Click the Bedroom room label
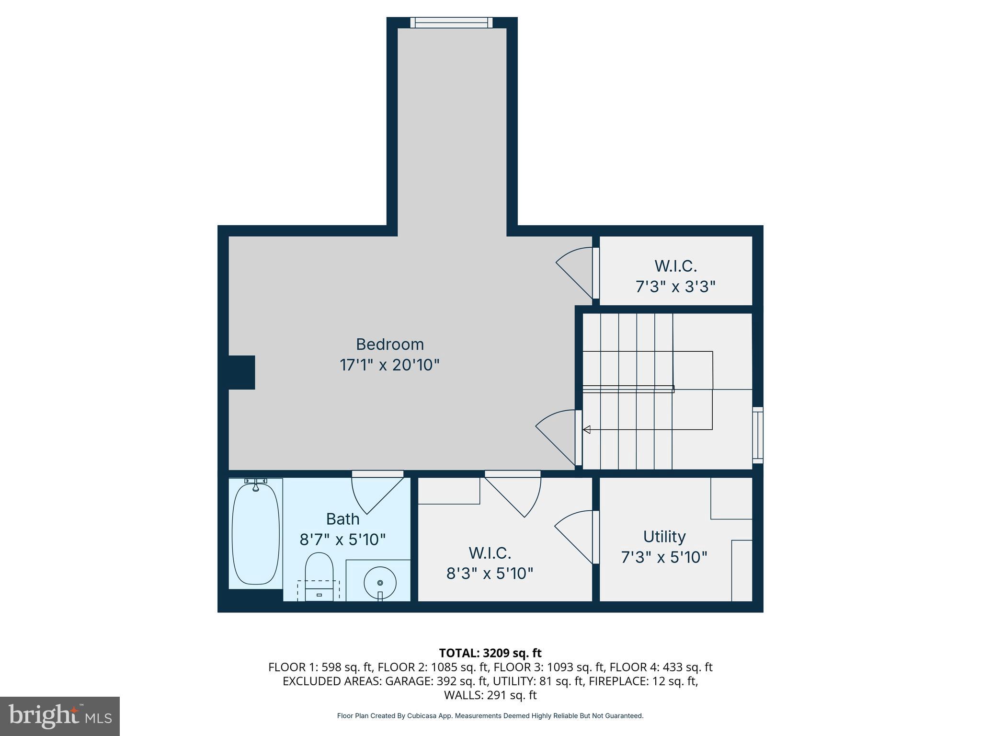click(x=389, y=345)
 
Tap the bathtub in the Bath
click(x=255, y=533)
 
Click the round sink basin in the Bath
click(x=380, y=583)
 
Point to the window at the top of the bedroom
click(x=451, y=23)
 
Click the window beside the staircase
click(x=757, y=435)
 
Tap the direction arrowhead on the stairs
click(x=586, y=429)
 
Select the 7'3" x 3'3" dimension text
click(x=675, y=287)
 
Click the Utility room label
click(x=664, y=536)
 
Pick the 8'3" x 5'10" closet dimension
click(x=490, y=573)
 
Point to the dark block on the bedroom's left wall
click(x=241, y=372)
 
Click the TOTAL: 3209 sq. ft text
click(x=490, y=653)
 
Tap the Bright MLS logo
click(x=60, y=716)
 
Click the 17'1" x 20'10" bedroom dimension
click(x=389, y=365)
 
